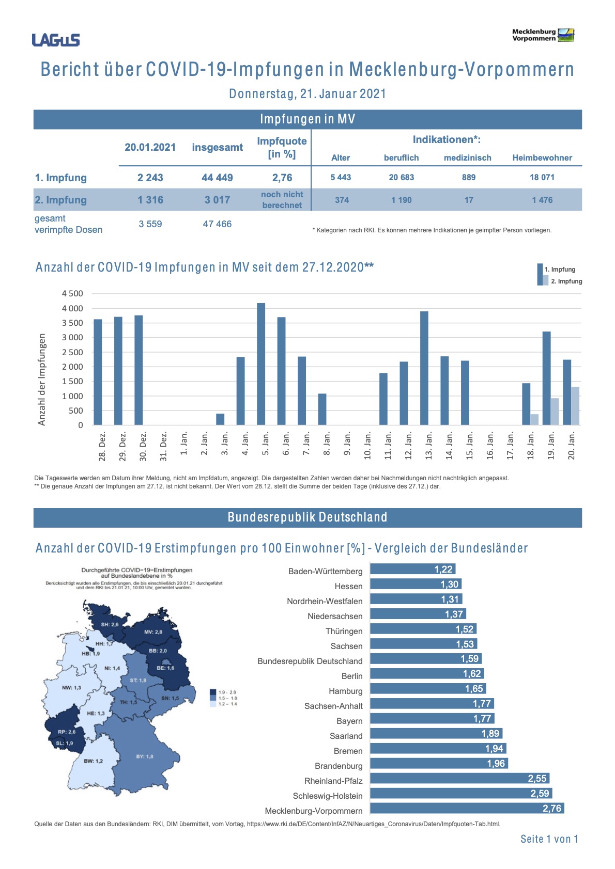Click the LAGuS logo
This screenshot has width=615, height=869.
(x=56, y=40)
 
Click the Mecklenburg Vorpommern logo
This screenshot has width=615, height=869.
(x=543, y=35)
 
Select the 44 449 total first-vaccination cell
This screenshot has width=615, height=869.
(x=217, y=178)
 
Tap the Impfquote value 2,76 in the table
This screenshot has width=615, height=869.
(x=282, y=178)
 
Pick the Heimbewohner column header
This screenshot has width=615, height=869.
(x=542, y=158)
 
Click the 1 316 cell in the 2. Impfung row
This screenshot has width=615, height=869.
(x=150, y=200)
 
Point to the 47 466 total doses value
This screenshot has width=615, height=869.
(x=217, y=224)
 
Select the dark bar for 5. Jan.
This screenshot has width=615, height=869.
(x=261, y=364)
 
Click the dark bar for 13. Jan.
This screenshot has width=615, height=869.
(x=424, y=368)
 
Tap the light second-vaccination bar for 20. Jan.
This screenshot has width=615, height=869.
(x=575, y=406)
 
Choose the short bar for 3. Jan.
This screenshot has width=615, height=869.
(x=220, y=419)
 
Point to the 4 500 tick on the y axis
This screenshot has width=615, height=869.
(x=72, y=293)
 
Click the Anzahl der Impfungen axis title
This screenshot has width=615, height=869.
(x=42, y=380)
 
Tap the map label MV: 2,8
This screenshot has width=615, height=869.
(x=153, y=632)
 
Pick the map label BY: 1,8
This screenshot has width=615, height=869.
(x=145, y=756)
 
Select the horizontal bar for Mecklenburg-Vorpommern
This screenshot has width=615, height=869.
(x=467, y=808)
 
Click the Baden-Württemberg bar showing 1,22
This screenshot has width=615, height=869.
(x=412, y=569)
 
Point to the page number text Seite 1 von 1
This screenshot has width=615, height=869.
(x=549, y=839)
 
